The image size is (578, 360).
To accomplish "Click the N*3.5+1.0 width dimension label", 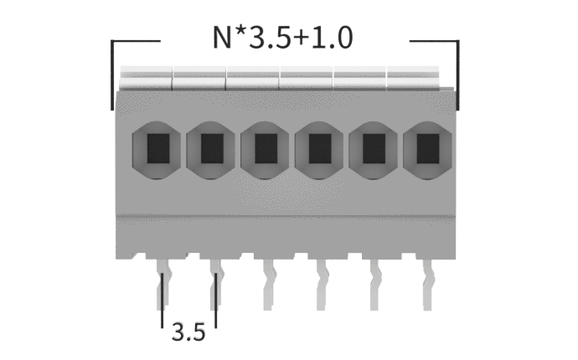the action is [x=283, y=37].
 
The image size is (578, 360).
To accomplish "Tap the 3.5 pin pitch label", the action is [x=188, y=332].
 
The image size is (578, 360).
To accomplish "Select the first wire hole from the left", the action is [x=157, y=150].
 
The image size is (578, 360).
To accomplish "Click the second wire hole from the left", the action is [x=210, y=150].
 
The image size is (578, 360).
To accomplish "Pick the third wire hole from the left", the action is [x=265, y=150].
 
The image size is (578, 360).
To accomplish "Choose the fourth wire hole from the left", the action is [x=319, y=150].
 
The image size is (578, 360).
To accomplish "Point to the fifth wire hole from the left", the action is [x=373, y=150].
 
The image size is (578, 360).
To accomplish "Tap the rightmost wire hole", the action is [x=427, y=150].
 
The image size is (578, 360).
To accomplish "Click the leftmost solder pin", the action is [x=163, y=284].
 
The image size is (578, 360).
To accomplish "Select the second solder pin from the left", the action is [x=216, y=284].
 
